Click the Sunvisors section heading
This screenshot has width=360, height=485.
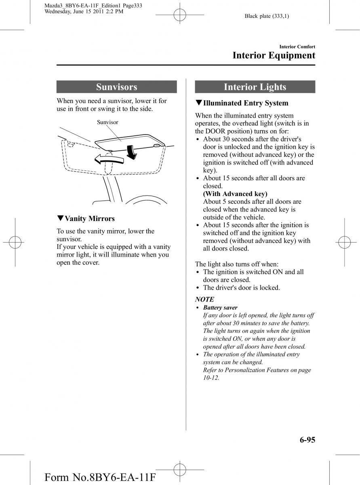click(116, 87)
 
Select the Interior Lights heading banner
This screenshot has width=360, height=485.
click(255, 87)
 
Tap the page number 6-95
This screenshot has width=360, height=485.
click(302, 439)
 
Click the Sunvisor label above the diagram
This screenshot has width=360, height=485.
click(107, 122)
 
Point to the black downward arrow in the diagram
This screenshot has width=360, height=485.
click(131, 152)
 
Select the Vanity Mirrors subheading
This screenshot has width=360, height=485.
click(89, 219)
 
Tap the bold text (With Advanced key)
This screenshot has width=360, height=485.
click(235, 194)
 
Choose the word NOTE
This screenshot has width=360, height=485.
click(204, 299)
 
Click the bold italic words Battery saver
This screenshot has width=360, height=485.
click(220, 308)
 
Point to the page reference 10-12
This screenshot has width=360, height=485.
click(211, 378)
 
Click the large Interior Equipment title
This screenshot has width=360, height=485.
click(274, 55)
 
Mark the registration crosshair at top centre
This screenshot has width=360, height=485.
click(180, 16)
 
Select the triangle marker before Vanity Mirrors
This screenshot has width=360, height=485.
click(60, 219)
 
